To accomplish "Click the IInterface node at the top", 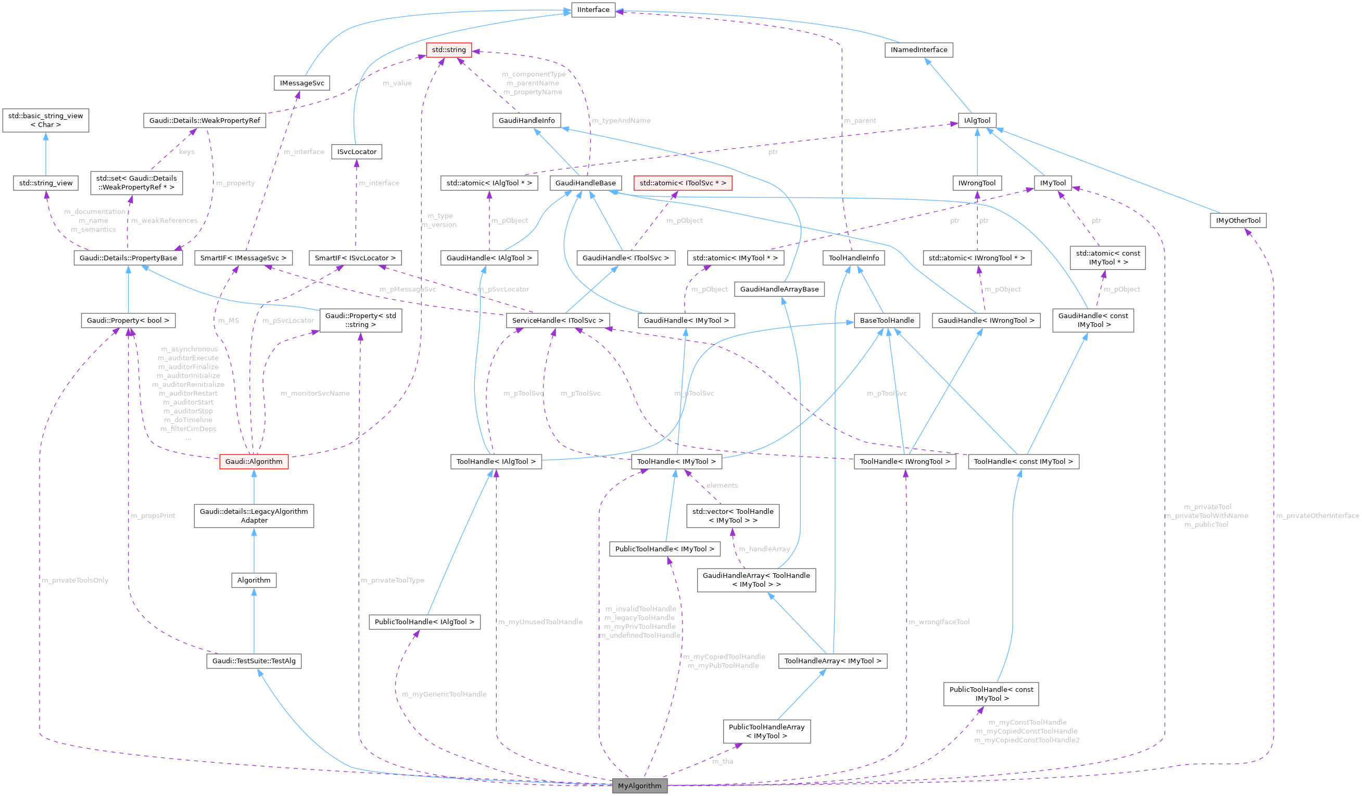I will pos(593,10).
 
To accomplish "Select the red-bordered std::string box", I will pos(449,49).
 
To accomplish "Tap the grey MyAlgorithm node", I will pos(639,786).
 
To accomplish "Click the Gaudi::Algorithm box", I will pos(254,461).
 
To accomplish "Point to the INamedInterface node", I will pos(919,49).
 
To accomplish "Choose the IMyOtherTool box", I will pos(1238,221).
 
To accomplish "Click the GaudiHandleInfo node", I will pos(526,120).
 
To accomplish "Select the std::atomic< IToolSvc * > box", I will pos(683,183).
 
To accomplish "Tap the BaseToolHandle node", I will pos(887,321).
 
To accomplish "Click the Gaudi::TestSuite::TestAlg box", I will pos(254,661).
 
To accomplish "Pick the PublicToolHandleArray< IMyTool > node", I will pos(766,731).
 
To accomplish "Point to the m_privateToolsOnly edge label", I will pos(75,580).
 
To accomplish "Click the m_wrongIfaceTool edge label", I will pos(939,622).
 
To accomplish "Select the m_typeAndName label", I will pos(621,120).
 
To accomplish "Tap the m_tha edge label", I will pos(723,762).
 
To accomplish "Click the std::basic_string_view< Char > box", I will pos(45,120).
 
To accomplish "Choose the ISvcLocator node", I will pos(357,152).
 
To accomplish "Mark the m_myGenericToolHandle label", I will pos(444,694).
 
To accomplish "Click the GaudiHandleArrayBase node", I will pos(779,289).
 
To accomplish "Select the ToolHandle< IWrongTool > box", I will pos(905,461).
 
